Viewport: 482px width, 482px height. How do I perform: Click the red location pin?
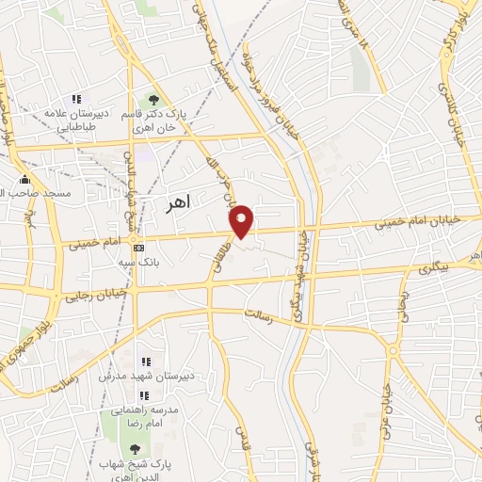[x=243, y=220]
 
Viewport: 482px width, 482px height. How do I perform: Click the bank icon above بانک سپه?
[x=139, y=248]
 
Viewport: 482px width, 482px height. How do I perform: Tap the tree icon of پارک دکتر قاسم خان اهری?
[x=150, y=100]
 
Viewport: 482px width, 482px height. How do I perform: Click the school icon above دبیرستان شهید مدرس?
[x=145, y=361]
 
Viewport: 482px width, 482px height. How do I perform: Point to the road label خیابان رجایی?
[x=84, y=295]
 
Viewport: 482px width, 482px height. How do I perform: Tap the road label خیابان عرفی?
[x=387, y=399]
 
